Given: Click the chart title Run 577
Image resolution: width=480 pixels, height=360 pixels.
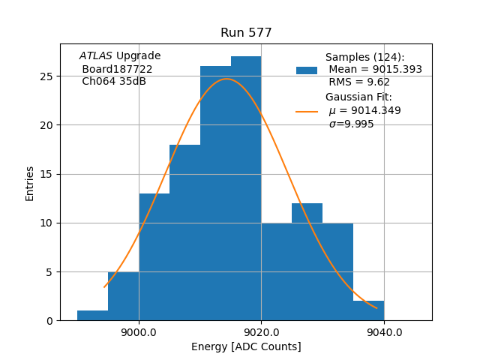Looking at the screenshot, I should click(246, 33).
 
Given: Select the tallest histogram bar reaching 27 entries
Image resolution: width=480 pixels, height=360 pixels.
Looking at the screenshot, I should click(246, 187).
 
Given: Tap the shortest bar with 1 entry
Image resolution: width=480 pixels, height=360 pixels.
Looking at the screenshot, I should click(92, 316).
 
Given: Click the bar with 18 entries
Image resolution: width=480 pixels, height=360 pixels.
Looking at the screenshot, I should click(184, 232).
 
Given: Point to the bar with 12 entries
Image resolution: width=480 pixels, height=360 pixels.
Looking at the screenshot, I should click(307, 262).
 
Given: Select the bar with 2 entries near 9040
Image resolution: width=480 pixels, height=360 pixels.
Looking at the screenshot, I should click(368, 310).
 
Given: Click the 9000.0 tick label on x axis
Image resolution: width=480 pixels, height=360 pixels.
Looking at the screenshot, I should click(139, 332).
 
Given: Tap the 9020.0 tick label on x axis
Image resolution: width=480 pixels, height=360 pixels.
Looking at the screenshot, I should click(261, 332).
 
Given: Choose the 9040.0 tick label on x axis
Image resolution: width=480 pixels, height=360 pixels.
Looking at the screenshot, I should click(383, 332).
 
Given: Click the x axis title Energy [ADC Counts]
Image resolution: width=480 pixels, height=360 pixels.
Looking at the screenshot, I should click(246, 346).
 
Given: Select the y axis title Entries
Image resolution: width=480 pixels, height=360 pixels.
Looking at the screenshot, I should click(30, 183).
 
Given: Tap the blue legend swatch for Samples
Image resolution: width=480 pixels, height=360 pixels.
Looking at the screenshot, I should click(307, 70).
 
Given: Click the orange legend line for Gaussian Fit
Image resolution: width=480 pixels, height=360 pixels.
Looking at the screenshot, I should click(307, 111).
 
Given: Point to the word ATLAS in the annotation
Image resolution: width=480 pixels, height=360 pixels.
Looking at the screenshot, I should click(96, 56).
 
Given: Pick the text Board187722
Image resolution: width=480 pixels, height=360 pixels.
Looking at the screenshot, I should click(117, 69).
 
